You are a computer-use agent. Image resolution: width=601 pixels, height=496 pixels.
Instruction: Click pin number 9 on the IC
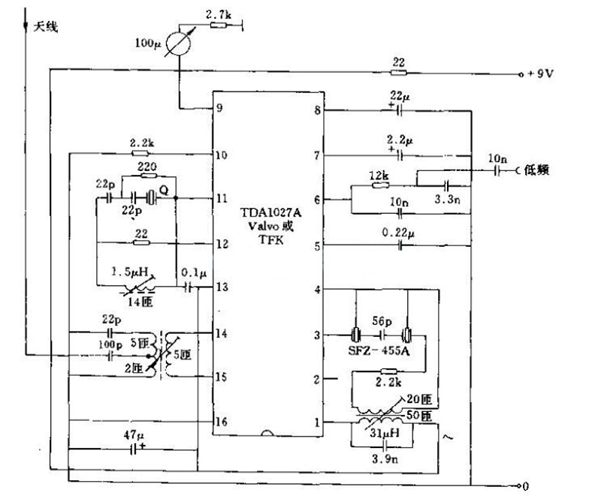click(x=220, y=107)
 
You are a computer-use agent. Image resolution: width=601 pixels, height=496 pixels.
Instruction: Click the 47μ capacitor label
click(x=136, y=434)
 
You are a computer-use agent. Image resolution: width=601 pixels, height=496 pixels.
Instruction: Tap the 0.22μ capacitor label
click(x=397, y=233)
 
